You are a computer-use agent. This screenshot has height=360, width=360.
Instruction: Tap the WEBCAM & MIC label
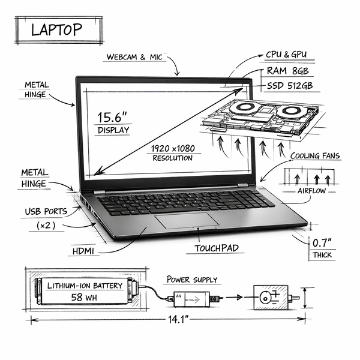tap(134, 57)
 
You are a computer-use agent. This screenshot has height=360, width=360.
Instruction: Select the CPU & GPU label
tap(286, 55)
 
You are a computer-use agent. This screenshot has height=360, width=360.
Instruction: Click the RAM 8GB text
tap(287, 71)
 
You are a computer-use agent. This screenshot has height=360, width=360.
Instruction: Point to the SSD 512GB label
tap(290, 86)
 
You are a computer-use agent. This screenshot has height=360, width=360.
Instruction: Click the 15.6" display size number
tap(112, 117)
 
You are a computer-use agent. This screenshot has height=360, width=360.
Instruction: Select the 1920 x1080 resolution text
tap(173, 149)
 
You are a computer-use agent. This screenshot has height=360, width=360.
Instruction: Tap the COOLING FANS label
tap(315, 156)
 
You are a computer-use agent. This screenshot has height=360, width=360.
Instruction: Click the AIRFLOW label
tap(311, 191)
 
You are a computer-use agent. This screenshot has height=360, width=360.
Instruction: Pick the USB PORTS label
tap(46, 211)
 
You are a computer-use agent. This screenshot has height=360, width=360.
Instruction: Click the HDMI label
tap(83, 251)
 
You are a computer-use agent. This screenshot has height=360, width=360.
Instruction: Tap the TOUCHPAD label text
tap(217, 248)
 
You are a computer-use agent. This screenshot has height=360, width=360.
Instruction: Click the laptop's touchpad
tap(187, 221)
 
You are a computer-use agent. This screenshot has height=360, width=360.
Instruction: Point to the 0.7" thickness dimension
tap(322, 243)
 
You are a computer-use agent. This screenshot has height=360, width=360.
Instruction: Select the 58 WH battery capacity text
tap(84, 298)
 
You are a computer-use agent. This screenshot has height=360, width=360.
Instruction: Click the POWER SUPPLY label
tap(192, 280)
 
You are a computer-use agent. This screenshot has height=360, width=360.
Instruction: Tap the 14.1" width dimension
tap(178, 319)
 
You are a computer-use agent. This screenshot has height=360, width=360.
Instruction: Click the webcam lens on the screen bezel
tap(166, 81)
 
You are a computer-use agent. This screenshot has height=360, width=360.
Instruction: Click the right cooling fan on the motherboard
tap(290, 110)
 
